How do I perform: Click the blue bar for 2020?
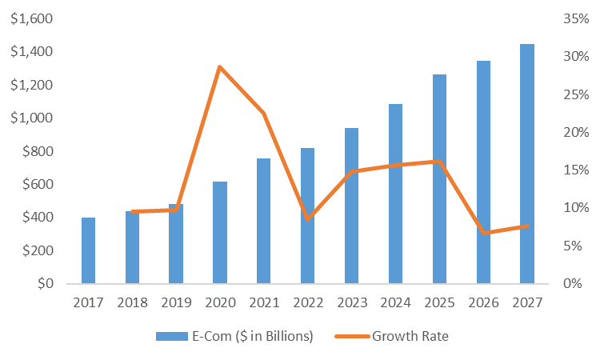click(x=220, y=232)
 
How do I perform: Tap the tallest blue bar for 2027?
click(x=527, y=164)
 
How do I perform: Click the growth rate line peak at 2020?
click(x=220, y=66)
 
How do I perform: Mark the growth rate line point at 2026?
click(x=483, y=233)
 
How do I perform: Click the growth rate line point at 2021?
click(x=264, y=114)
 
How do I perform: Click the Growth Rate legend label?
click(x=410, y=336)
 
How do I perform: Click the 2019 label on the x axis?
click(x=176, y=302)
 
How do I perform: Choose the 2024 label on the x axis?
click(x=395, y=302)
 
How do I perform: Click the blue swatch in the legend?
click(x=170, y=336)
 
